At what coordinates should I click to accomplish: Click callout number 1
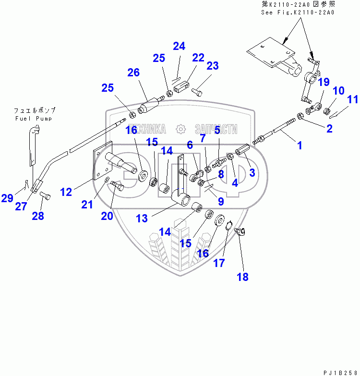[x=300, y=145]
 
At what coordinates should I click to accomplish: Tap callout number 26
[x=133, y=73]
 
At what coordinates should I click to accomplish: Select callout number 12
[x=66, y=192]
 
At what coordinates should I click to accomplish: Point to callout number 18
[x=243, y=277]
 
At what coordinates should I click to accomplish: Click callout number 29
[x=7, y=198]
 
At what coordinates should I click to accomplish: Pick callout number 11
[x=353, y=100]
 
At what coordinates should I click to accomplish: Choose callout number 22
[x=199, y=58]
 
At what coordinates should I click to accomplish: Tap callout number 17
[x=219, y=263]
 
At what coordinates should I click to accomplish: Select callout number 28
[x=38, y=216]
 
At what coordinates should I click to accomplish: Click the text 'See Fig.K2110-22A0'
[x=297, y=12]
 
